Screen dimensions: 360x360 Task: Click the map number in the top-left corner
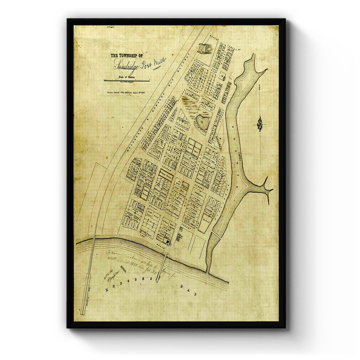(x=110, y=27)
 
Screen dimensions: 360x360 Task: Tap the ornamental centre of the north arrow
(x=259, y=123)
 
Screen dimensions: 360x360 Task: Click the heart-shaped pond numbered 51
(x=203, y=121)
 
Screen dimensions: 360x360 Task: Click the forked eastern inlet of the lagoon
(x=266, y=189)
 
